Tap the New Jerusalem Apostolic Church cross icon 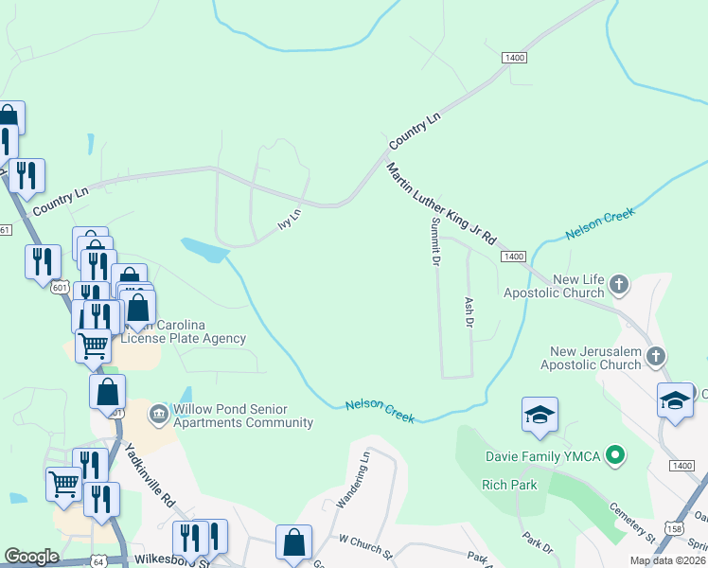(656, 356)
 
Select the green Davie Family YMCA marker (616, 456)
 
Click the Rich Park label (509, 485)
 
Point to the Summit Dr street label (436, 241)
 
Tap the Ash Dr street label (468, 311)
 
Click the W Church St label (366, 544)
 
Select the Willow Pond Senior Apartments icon (158, 413)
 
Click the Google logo (31, 557)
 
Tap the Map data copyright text (668, 560)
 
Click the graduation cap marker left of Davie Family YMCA (540, 415)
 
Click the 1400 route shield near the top (515, 59)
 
